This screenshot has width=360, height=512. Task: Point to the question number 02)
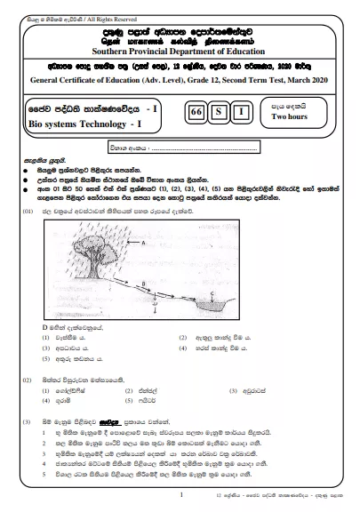(x=28, y=378)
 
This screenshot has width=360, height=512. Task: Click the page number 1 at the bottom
(x=180, y=493)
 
